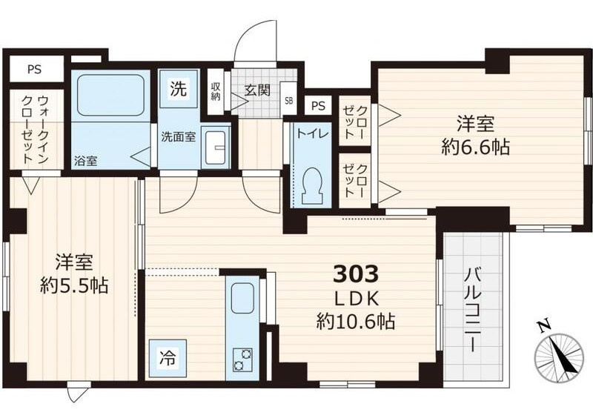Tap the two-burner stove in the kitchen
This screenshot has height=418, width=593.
click(242, 358)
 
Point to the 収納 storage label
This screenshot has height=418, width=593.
click(216, 91)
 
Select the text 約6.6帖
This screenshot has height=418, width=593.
click(474, 147)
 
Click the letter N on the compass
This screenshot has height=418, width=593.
click(544, 325)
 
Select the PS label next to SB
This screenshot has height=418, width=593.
click(319, 106)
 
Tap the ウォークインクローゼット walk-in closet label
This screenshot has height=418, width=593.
click(34, 130)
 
